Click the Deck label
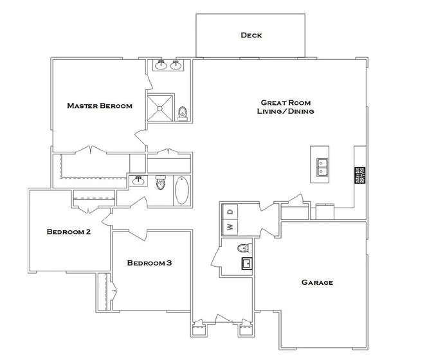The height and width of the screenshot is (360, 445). [251, 35]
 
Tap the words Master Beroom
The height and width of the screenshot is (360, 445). [100, 105]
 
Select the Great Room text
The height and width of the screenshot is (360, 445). [286, 102]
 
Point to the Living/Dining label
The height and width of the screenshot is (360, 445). [286, 111]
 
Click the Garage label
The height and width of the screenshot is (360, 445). [318, 282]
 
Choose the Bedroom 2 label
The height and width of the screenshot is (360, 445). [68, 231]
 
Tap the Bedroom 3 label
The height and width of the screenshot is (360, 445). [149, 262]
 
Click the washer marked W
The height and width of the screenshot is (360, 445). [229, 226]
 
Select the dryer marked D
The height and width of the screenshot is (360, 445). [230, 210]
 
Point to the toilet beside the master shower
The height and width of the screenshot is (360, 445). [182, 114]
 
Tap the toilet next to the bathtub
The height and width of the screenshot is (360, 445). [160, 183]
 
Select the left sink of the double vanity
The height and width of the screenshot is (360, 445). [160, 65]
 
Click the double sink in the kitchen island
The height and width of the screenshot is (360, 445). [323, 167]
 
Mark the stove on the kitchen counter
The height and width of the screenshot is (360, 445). [359, 175]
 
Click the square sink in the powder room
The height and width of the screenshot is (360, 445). [246, 263]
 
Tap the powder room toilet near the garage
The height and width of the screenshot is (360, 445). [243, 248]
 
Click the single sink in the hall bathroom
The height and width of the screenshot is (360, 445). [138, 182]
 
